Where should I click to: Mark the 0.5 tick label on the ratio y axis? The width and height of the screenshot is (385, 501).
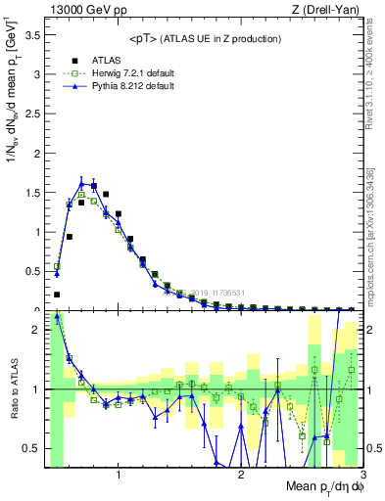coord(32,448)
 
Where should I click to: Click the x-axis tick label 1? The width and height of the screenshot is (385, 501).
coord(119,476)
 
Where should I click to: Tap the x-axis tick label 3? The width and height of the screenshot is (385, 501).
coord(361,476)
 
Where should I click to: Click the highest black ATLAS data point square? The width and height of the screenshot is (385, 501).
coord(93,185)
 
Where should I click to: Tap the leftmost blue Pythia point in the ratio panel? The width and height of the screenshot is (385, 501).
coord(57,317)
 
